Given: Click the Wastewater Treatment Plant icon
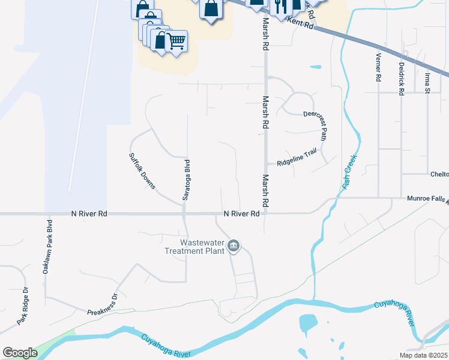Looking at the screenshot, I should [234, 245].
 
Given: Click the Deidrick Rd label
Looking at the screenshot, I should [400, 79].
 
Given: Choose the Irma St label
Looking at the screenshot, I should [428, 82].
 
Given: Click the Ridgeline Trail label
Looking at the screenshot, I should [296, 158].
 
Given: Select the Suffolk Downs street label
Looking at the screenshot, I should [142, 170].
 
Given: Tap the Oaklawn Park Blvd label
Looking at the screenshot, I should [47, 247].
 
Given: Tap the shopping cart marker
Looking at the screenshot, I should [176, 41].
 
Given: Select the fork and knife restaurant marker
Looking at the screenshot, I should [280, 5].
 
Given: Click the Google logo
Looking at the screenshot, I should [20, 353].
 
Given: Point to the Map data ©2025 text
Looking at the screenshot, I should [423, 355].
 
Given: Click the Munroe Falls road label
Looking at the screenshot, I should [427, 197].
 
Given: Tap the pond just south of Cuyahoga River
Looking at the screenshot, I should [308, 324].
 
